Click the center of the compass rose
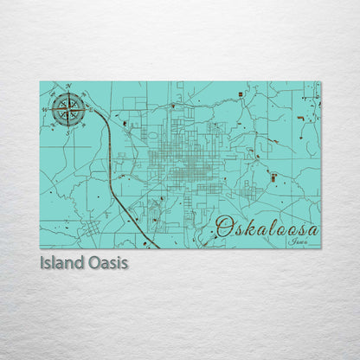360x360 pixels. [68, 108]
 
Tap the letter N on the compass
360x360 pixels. [68, 87]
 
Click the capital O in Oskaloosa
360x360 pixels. [223, 228]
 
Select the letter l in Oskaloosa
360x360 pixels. [264, 228]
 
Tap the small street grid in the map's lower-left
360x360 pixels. [92, 205]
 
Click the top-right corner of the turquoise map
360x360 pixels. [319, 82]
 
